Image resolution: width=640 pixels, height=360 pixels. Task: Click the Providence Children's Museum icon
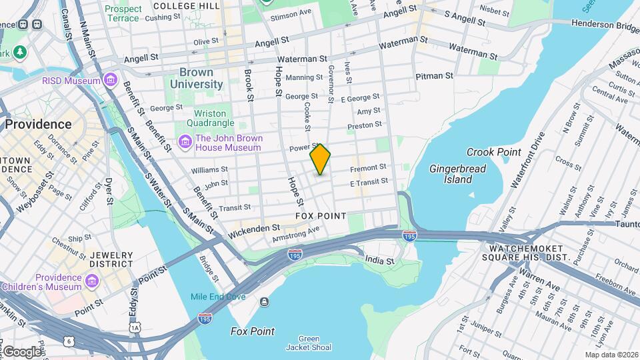[x=92, y=282]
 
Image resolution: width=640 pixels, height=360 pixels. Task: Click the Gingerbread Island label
[x=457, y=174]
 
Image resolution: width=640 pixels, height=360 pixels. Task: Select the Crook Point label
[x=493, y=152]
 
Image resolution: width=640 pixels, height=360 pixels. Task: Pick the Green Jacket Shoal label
[x=308, y=343]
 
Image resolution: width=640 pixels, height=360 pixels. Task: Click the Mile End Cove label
[x=217, y=297]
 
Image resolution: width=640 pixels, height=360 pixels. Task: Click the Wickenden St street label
[x=254, y=228]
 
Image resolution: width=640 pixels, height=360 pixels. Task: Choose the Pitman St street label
[x=434, y=76]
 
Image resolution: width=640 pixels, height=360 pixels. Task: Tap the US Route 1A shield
[x=135, y=327]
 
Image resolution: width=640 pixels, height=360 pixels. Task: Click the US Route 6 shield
[x=69, y=341]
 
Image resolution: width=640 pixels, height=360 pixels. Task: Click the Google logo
[x=21, y=351]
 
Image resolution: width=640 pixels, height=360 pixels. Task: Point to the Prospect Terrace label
[x=123, y=13]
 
